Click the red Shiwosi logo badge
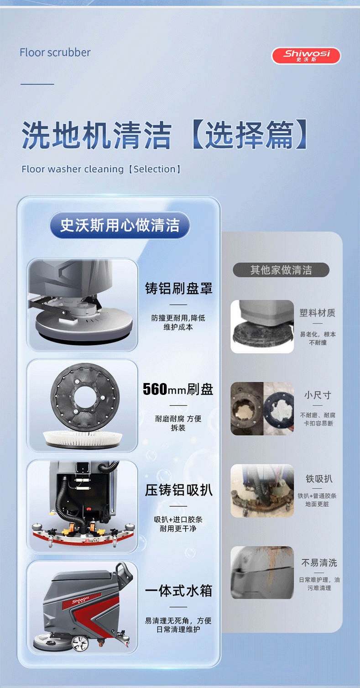306,56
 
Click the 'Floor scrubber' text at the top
55,53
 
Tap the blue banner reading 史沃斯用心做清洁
120,225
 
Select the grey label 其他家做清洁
281,270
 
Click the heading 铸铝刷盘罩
178,289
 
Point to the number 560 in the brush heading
155,389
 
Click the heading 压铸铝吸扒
178,490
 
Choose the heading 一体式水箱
178,591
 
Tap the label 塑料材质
318,313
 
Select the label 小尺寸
318,395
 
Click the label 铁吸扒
319,478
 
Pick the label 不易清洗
319,563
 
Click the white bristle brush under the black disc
83,438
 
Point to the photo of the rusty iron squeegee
262,491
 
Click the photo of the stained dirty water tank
262,572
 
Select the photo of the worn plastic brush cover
262,326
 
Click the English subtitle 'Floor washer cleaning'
73,169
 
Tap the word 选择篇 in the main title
249,135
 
